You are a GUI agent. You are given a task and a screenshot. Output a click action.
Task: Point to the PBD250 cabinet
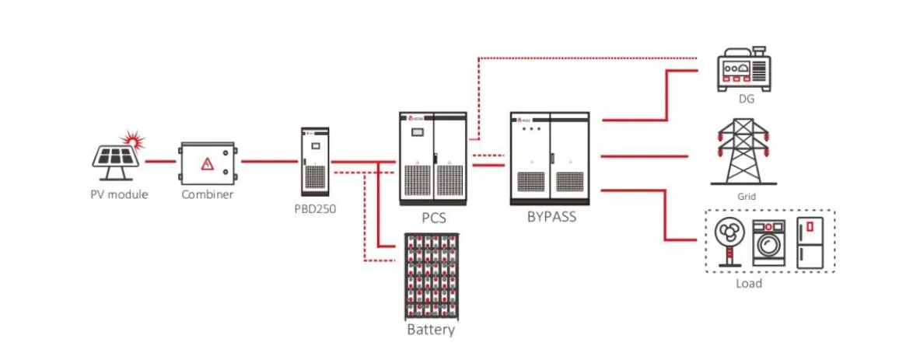[316, 161]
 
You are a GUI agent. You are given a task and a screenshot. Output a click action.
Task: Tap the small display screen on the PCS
[419, 133]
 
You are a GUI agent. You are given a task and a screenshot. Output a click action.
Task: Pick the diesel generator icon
[743, 68]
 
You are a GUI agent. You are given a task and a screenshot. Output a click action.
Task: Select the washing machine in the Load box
[769, 243]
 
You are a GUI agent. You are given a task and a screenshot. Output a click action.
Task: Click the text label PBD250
[314, 208]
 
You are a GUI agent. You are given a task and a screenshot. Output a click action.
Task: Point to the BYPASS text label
[551, 217]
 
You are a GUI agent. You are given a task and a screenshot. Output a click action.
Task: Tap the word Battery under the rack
[431, 330]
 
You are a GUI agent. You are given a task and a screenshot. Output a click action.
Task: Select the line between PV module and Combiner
[160, 162]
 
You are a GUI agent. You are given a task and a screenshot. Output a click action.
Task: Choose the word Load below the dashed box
[748, 284]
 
